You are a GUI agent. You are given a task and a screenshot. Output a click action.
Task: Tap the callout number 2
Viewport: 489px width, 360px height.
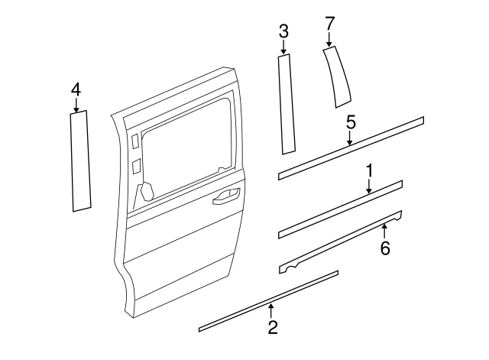(x=272, y=327)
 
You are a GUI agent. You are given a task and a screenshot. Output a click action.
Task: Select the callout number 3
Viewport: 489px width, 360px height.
(x=283, y=31)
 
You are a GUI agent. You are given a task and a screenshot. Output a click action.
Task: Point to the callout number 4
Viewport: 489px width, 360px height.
(x=76, y=89)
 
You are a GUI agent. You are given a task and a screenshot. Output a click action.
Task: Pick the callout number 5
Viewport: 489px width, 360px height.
(x=350, y=122)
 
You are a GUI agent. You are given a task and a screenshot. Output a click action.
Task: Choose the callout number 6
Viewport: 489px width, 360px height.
(x=385, y=248)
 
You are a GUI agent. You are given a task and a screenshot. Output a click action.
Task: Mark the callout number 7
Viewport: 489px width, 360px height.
(x=329, y=24)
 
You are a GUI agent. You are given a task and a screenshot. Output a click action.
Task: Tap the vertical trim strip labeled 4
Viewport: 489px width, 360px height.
(x=80, y=161)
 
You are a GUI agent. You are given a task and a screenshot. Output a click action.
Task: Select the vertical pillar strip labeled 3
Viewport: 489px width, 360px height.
(x=287, y=103)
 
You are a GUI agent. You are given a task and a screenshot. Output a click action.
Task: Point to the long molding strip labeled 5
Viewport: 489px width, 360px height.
(x=351, y=148)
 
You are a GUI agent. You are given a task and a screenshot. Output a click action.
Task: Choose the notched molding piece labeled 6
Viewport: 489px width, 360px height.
(x=340, y=240)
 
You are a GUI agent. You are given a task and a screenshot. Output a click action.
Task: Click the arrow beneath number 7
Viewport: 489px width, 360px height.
(x=329, y=41)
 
